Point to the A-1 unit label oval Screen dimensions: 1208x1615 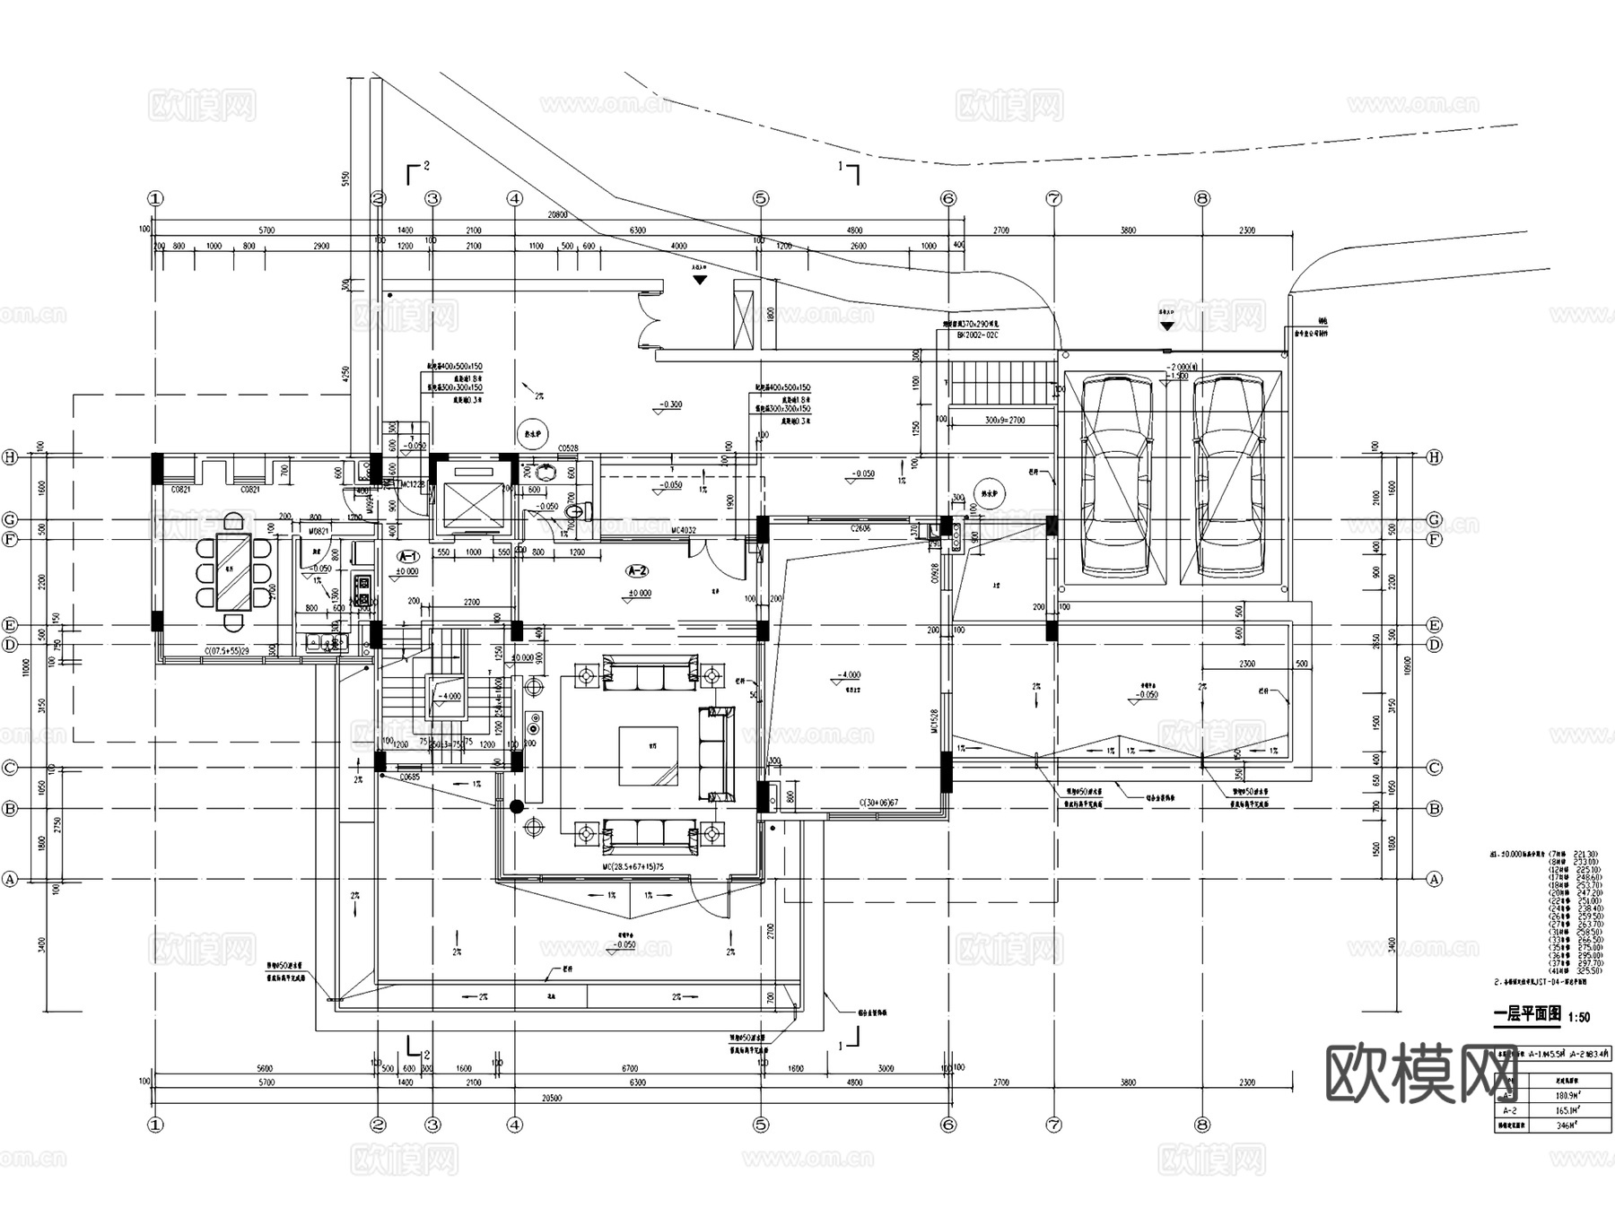[408, 556]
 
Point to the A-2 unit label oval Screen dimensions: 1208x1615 [637, 570]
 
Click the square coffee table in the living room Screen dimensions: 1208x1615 [648, 755]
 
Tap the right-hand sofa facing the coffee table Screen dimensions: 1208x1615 [716, 753]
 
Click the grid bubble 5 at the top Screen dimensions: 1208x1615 [761, 198]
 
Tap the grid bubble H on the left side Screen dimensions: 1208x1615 [11, 457]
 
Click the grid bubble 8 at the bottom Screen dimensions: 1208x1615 [1202, 1124]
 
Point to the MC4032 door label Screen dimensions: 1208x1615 [684, 530]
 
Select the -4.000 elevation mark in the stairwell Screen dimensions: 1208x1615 [448, 697]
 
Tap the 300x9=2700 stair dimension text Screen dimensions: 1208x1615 [1005, 420]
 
